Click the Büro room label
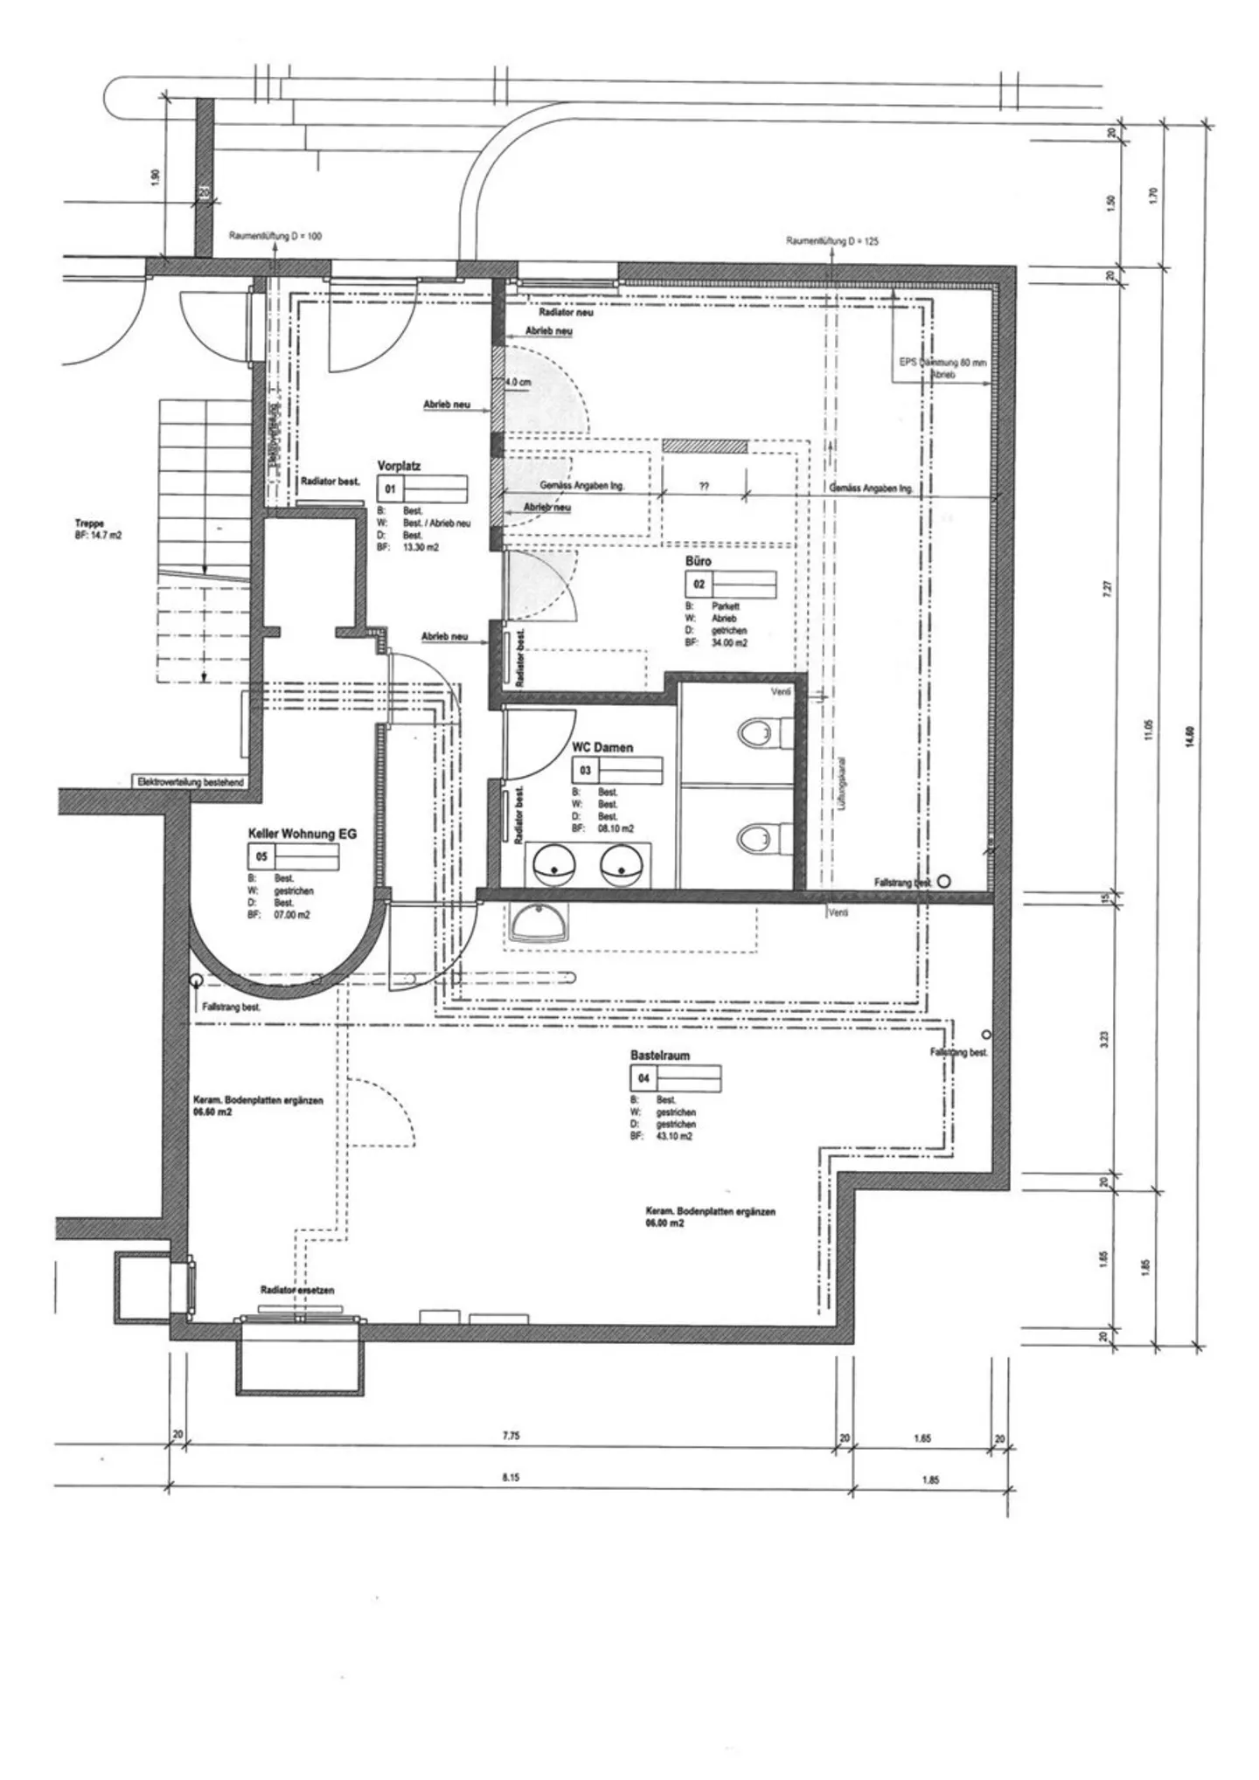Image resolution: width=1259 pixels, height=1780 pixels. click(698, 561)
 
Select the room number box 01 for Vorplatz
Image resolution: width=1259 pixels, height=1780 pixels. click(390, 489)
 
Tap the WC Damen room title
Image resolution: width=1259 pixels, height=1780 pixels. click(602, 748)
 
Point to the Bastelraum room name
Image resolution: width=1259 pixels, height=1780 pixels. click(659, 1055)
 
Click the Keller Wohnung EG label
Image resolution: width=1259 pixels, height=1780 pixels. click(303, 835)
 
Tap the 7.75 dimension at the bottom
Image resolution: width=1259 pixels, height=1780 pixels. click(511, 1436)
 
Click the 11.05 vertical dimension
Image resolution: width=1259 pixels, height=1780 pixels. click(1149, 731)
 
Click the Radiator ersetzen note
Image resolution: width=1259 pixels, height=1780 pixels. click(297, 1290)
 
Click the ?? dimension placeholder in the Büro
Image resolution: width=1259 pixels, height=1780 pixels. click(704, 485)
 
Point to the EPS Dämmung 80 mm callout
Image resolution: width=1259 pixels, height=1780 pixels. click(943, 362)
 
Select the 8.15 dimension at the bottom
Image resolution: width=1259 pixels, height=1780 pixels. click(511, 1478)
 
